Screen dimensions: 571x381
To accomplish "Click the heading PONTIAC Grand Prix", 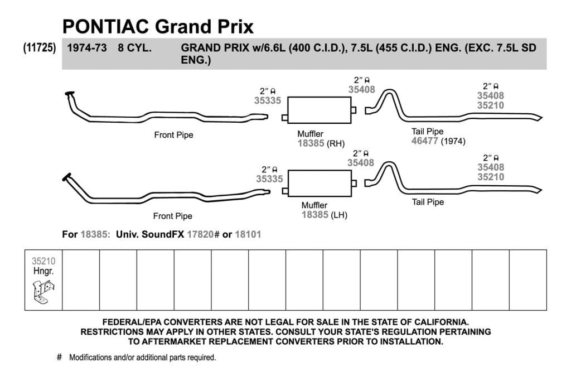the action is point(158,27).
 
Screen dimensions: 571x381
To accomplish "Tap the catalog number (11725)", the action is point(40,48).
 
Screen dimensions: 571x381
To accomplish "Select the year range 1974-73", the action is point(86,48).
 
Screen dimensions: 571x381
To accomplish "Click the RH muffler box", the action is point(320,110).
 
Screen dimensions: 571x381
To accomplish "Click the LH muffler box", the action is point(320,183).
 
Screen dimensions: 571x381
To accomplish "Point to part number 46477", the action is point(424,141).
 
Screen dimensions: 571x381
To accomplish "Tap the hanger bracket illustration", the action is point(43,291).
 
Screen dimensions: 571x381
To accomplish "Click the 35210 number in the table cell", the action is point(43,261).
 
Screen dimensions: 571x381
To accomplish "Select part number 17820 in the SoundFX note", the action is point(200,234).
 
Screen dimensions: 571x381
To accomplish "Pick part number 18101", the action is point(248,234).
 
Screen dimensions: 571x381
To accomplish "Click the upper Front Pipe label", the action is point(174,135).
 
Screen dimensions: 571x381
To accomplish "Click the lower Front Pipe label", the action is point(173,216).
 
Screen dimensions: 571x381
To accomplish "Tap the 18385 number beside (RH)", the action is point(311,143).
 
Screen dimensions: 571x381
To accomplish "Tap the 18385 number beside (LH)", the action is point(315,215).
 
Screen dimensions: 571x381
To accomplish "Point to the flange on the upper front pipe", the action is point(70,94).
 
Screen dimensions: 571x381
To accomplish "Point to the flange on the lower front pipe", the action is point(67,177).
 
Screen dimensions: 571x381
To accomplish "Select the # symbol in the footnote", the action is point(59,357).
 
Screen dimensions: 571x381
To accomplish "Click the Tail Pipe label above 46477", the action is point(428,132).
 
